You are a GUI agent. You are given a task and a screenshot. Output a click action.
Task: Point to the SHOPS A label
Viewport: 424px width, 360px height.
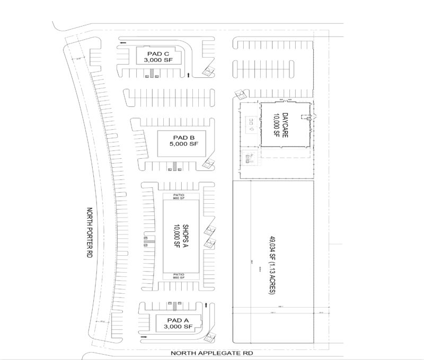(x=185, y=235)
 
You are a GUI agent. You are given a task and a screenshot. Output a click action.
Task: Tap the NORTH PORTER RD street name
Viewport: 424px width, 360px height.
(x=89, y=234)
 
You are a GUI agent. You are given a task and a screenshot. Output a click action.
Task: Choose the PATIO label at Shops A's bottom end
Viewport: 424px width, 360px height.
(x=178, y=273)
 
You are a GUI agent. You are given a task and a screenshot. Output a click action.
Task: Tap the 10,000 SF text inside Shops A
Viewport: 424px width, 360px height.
(x=176, y=235)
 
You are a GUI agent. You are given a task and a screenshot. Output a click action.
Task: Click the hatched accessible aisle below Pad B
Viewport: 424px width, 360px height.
(x=174, y=168)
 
